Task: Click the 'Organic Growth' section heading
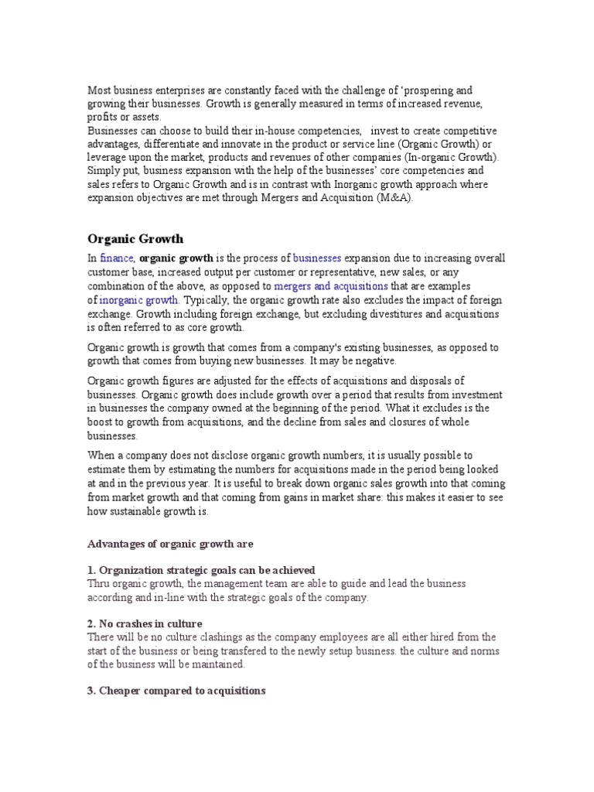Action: point(135,239)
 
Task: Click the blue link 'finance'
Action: point(117,258)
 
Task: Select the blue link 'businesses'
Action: point(317,258)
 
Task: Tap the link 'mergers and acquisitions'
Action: point(331,286)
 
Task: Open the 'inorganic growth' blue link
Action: point(139,300)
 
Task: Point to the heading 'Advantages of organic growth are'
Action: point(170,544)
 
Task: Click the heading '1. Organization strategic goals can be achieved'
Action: point(201,570)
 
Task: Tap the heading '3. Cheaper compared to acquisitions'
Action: point(176,690)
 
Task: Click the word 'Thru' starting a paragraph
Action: point(98,584)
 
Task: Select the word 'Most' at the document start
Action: point(98,90)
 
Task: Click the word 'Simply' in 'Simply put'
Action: point(102,170)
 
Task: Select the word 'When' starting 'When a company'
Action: point(101,456)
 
